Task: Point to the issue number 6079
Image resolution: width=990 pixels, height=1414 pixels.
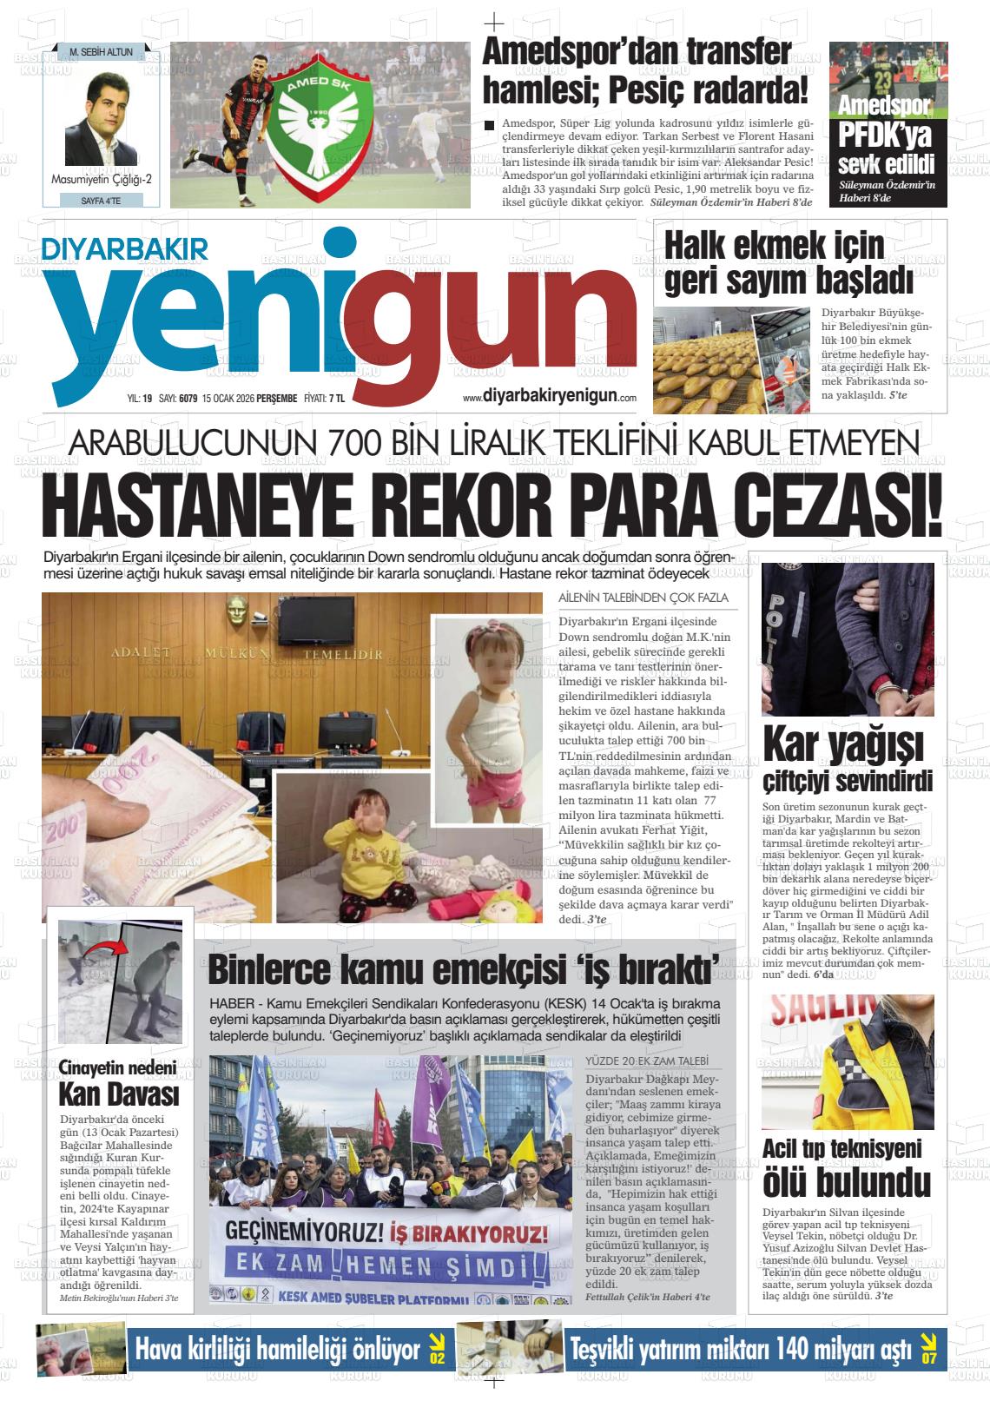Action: click(x=188, y=399)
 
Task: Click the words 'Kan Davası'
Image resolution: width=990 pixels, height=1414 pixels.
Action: click(x=118, y=1093)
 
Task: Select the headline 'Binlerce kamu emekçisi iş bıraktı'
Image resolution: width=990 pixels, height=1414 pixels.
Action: click(x=465, y=968)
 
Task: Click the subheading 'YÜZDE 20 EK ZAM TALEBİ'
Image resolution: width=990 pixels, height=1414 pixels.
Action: click(x=648, y=1061)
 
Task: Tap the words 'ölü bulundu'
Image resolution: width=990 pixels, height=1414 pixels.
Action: click(x=846, y=1181)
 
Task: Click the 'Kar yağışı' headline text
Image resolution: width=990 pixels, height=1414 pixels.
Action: click(x=842, y=743)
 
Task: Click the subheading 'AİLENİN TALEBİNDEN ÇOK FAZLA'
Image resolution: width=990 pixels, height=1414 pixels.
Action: click(x=643, y=598)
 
